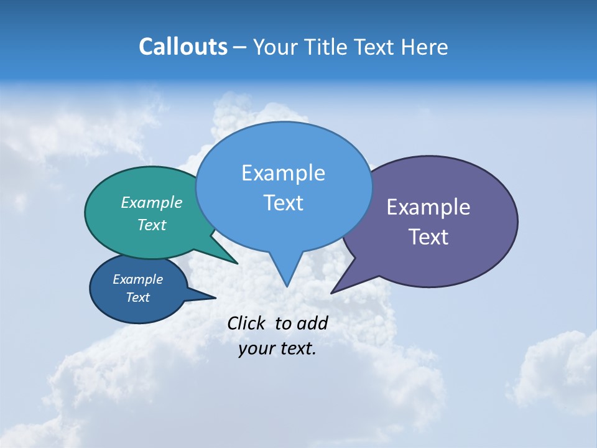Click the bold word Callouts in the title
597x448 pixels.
pyautogui.click(x=183, y=47)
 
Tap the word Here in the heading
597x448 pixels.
pyautogui.click(x=425, y=47)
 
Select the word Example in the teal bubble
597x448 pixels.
pyautogui.click(x=152, y=203)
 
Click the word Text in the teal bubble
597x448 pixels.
pyautogui.click(x=152, y=225)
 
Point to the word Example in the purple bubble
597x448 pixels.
pyautogui.click(x=428, y=207)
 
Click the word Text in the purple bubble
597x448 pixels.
pyautogui.click(x=428, y=237)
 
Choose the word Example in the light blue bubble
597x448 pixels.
pyautogui.click(x=283, y=173)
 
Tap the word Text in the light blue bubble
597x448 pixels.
pyautogui.click(x=283, y=203)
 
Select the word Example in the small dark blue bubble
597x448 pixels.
pyautogui.click(x=138, y=279)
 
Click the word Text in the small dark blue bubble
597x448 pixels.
pyautogui.click(x=138, y=297)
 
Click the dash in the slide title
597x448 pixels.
pyautogui.click(x=239, y=47)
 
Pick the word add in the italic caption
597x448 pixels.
pyautogui.click(x=312, y=323)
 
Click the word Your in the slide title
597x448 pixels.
pyautogui.click(x=273, y=47)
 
